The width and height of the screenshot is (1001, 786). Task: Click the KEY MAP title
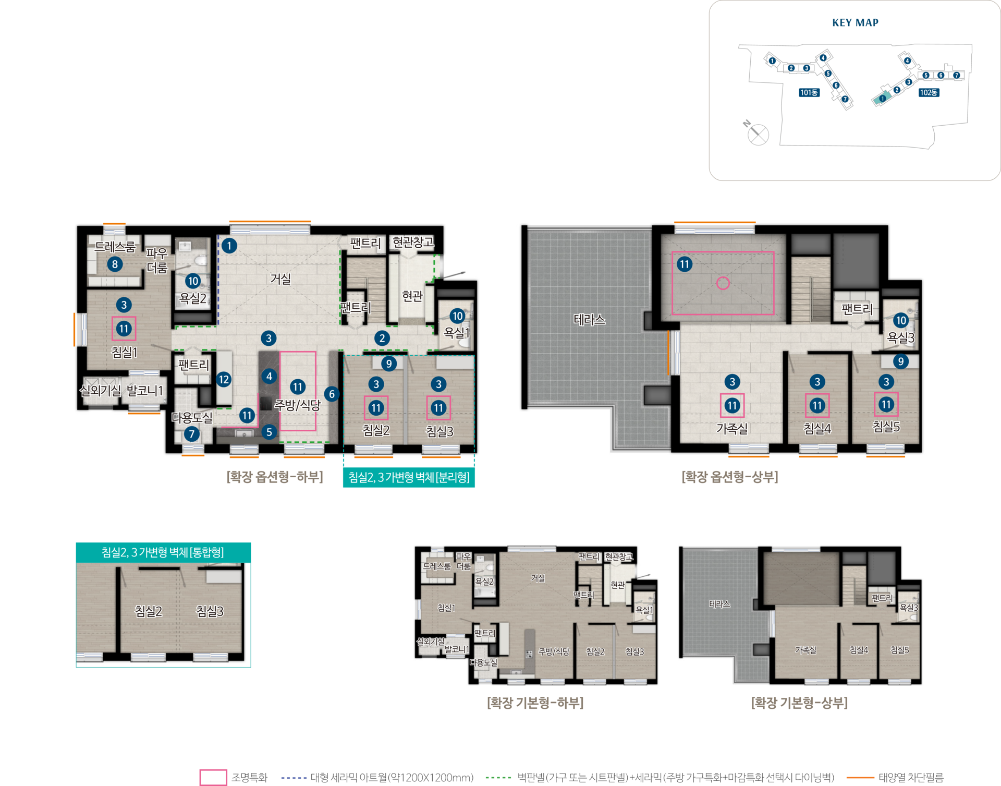[x=855, y=22]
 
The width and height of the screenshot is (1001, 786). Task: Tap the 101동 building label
[x=809, y=92]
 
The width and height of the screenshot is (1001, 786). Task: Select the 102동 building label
[x=929, y=92]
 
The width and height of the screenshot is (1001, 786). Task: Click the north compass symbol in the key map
[x=756, y=133]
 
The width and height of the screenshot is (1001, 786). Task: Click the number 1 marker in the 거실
[x=229, y=246]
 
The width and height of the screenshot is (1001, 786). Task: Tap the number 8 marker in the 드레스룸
[x=115, y=264]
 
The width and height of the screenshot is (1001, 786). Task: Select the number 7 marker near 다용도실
[x=191, y=433]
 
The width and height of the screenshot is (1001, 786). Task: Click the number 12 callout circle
[x=224, y=379]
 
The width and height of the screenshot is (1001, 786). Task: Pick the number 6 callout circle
[x=332, y=394]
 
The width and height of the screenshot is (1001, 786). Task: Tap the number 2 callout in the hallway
[x=382, y=338]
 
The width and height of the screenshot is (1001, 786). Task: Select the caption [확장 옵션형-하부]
[x=275, y=477]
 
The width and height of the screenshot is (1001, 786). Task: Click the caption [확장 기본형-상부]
[x=799, y=703]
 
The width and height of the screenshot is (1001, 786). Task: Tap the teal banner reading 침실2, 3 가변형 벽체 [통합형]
[x=163, y=552]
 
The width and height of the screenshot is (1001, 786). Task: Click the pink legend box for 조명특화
[x=213, y=777]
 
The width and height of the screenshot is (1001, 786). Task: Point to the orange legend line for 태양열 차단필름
[x=860, y=778]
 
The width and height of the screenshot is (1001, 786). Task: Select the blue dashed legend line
[x=294, y=778]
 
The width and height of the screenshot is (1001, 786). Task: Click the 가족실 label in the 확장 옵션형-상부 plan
[x=732, y=428]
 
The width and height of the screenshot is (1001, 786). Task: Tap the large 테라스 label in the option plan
[x=589, y=319]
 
